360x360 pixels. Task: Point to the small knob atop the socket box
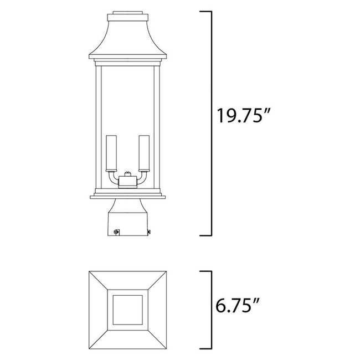point(128,173)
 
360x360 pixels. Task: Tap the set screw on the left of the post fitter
point(115,233)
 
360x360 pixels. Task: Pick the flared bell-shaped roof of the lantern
point(128,42)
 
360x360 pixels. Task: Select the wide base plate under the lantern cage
point(128,194)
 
